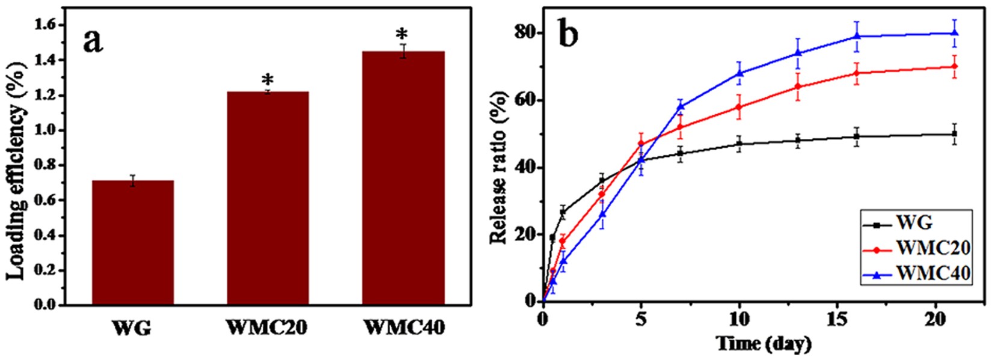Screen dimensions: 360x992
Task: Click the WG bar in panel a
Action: [x=132, y=243]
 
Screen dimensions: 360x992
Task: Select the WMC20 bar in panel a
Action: [x=268, y=198]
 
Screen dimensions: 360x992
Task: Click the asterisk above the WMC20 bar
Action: [x=268, y=79]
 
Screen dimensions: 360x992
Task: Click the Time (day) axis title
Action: [x=763, y=344]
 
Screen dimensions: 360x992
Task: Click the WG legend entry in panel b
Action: [x=914, y=224]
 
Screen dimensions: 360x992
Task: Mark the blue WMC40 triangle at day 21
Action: [x=954, y=33]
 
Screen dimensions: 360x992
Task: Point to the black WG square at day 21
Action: [x=954, y=133]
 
